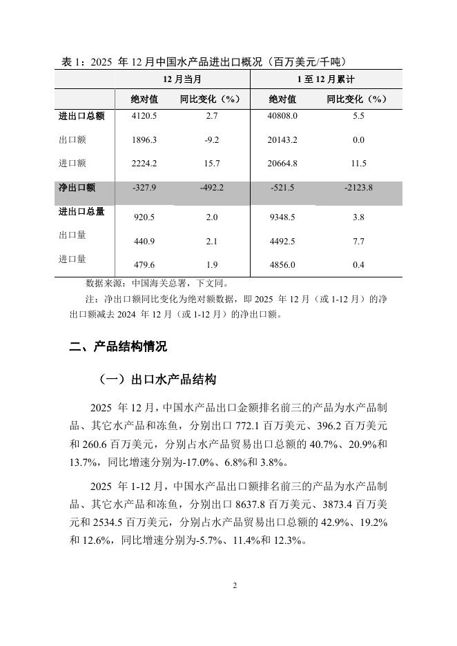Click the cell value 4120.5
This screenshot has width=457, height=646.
tap(144, 116)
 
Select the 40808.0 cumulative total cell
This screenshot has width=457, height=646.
tap(283, 116)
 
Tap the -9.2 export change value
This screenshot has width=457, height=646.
tap(212, 139)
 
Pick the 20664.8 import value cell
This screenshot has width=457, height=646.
tap(283, 163)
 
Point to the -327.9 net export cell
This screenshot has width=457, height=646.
tap(144, 188)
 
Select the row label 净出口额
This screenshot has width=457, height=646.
tap(77, 187)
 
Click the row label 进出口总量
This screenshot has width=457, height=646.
tap(81, 211)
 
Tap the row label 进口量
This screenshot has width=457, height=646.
tap(72, 259)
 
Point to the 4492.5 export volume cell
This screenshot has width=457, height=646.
tap(283, 242)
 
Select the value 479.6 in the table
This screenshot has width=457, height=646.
tap(144, 265)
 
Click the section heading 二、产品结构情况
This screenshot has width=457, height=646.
tap(118, 346)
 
